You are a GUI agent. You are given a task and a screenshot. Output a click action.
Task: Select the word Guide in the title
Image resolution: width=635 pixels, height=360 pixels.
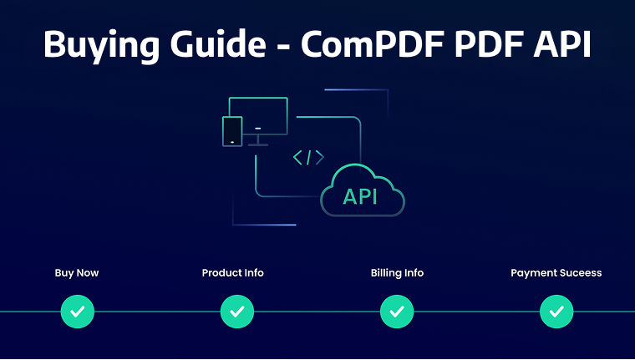(202, 43)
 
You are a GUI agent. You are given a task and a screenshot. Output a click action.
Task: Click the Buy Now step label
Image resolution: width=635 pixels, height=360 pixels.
(77, 272)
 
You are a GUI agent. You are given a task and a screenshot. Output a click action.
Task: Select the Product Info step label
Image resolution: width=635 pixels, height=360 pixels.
(233, 272)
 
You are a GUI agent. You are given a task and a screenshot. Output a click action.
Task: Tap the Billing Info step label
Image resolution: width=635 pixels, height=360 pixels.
(397, 272)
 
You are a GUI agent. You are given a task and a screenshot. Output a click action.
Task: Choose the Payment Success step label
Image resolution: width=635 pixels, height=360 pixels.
(556, 272)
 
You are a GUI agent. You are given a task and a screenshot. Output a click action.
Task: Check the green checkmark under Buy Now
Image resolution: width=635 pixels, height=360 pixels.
(78, 312)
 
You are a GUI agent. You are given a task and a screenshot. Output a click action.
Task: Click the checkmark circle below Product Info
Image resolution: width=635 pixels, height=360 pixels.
(237, 312)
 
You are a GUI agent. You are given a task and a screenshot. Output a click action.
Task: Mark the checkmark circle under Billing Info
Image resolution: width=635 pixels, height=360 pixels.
(397, 312)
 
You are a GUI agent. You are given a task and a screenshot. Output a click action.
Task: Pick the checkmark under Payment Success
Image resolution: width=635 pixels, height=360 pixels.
(556, 312)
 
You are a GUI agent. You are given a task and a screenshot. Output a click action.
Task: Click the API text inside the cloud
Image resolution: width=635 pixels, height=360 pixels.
(361, 197)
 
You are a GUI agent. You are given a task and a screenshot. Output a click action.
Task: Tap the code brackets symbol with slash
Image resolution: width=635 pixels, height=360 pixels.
(308, 157)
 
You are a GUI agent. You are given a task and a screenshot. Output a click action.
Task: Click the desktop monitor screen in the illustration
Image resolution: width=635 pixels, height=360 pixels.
(259, 117)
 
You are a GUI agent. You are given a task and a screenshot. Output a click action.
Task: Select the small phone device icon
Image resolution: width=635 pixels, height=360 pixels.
(232, 131)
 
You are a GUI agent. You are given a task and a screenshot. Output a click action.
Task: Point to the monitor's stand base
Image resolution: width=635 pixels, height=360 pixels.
(258, 144)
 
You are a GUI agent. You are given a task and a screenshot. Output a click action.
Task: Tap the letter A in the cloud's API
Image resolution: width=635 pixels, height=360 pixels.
(350, 197)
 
